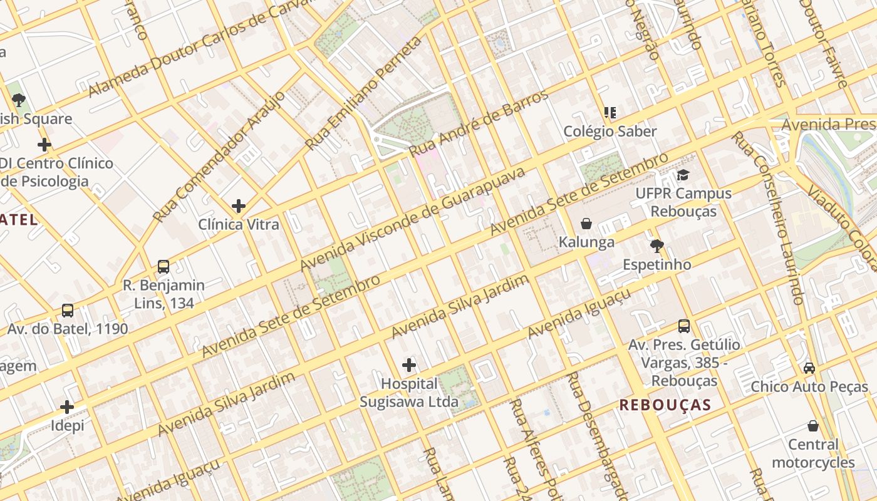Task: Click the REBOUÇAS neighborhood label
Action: pos(665,405)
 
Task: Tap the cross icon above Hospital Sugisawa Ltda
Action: pos(409,364)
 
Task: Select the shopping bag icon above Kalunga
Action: pos(586,224)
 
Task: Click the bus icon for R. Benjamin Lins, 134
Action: pos(163,267)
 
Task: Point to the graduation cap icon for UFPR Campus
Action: pos(683,175)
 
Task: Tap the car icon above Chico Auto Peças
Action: pos(809,368)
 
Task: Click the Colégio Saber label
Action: pos(610,132)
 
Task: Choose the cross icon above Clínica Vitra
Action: pos(238,205)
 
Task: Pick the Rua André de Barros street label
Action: pos(479,123)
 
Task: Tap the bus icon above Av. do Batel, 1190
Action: pos(68,311)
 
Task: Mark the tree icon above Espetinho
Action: pos(656,245)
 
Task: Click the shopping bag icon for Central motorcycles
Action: pos(813,426)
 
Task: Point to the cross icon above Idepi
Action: pos(67,407)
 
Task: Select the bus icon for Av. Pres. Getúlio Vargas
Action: pos(684,326)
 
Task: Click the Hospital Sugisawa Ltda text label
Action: pos(409,393)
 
